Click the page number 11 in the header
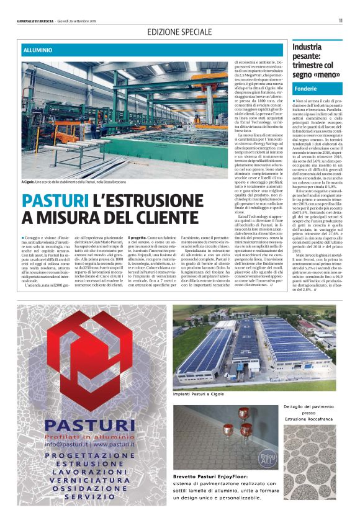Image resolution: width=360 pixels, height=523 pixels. (x=341, y=20)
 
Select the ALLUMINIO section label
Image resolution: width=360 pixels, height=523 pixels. (x=39, y=48)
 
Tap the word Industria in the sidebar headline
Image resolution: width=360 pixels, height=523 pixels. (x=307, y=47)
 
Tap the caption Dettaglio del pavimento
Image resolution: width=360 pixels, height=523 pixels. (x=313, y=408)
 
